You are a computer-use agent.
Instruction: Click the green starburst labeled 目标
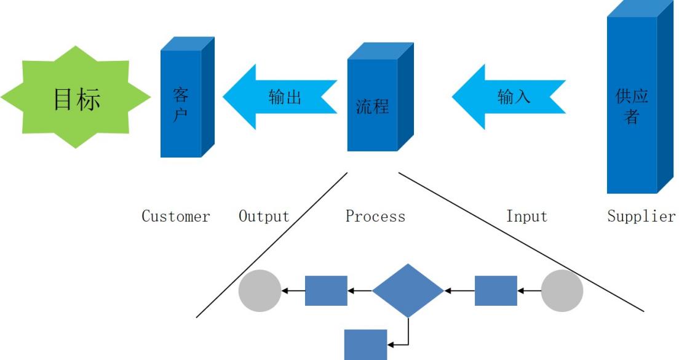[x=76, y=97]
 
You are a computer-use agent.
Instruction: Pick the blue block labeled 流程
[x=372, y=105]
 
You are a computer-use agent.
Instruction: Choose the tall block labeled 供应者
[x=632, y=105]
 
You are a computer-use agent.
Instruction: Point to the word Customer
[x=176, y=217]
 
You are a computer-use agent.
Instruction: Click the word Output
[x=263, y=217]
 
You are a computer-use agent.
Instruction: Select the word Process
[x=375, y=217]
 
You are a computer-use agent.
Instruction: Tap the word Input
[x=526, y=217]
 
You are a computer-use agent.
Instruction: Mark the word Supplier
[x=641, y=217]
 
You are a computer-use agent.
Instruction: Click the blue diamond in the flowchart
[x=408, y=290]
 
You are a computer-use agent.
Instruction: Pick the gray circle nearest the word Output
[x=260, y=290]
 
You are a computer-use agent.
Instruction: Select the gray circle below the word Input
[x=562, y=290]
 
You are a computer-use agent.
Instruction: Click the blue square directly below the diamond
[x=365, y=344]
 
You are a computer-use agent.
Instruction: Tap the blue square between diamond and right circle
[x=496, y=290]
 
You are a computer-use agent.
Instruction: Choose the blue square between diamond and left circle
[x=326, y=290]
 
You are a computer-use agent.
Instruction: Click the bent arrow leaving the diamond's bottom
[x=408, y=335]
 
